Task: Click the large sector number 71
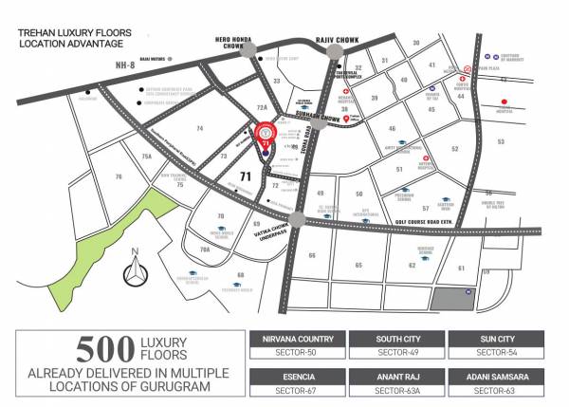[244, 176]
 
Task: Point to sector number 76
[119, 176]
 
